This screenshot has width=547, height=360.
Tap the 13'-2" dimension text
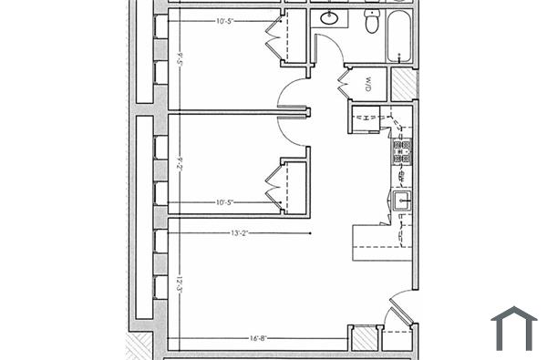(x=241, y=234)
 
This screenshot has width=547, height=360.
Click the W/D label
(x=368, y=86)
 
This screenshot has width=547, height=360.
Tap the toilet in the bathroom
(x=372, y=22)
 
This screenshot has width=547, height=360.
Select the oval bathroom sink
(x=328, y=19)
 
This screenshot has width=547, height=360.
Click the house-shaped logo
(x=514, y=328)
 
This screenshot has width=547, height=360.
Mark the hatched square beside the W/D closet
(x=402, y=85)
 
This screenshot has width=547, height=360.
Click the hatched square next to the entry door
(x=365, y=338)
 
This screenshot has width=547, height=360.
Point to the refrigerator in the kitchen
(x=367, y=118)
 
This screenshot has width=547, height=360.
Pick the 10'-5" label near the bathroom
(x=231, y=20)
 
